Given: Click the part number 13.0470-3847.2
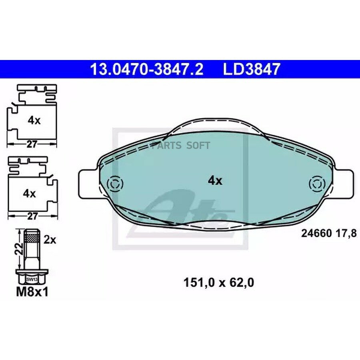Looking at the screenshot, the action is click(x=147, y=69).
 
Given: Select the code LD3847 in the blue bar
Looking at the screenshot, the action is click(x=252, y=69).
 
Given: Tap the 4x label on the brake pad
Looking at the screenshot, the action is click(x=215, y=181).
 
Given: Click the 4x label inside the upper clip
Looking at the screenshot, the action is click(x=34, y=120).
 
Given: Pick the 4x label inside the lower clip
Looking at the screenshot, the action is click(x=29, y=194).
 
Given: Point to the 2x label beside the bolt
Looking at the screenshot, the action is click(x=50, y=240).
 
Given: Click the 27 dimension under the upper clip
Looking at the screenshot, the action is click(x=32, y=144).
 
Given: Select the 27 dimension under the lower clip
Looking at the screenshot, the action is click(x=32, y=216).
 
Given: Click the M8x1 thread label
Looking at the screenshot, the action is click(x=32, y=292).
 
